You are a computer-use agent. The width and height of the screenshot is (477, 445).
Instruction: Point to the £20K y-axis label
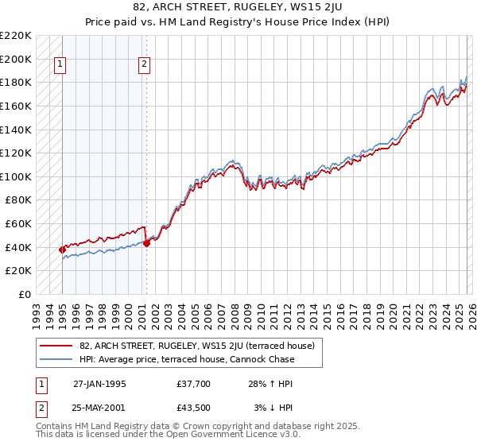[x=18, y=271]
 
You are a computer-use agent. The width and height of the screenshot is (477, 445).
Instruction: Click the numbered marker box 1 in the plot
[x=61, y=65]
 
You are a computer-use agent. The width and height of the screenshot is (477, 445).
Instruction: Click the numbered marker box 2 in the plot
[x=145, y=65]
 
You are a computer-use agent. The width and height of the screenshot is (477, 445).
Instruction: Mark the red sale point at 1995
[x=63, y=250]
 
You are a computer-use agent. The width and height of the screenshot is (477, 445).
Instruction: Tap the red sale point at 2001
[x=146, y=243]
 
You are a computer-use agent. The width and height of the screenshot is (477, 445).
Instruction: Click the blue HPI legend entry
[x=187, y=359]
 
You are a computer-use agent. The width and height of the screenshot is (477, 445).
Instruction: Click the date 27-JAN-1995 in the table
[x=99, y=384]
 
